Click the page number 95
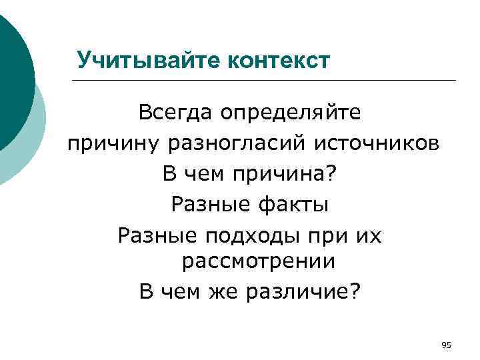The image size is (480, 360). (x=447, y=345)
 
